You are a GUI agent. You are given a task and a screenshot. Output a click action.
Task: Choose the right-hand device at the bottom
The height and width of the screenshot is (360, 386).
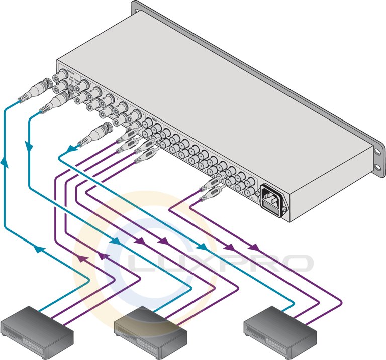[279, 326]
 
